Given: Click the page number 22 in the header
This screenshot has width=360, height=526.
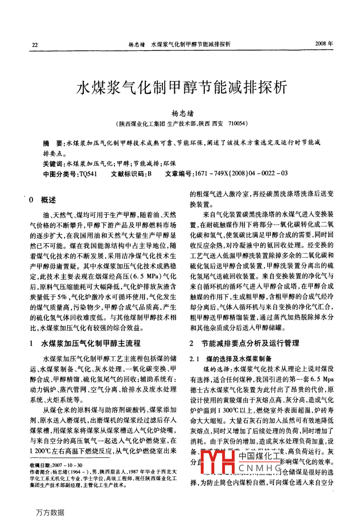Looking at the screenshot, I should [x=35, y=45].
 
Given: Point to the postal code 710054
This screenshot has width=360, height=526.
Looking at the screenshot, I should [x=238, y=124].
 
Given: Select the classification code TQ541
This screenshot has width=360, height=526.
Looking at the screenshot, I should [x=88, y=174].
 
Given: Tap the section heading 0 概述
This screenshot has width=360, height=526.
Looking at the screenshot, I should [x=43, y=200].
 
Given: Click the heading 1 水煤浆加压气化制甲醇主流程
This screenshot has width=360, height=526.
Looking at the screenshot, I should [x=85, y=343].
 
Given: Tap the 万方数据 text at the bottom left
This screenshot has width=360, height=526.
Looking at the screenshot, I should [x=50, y=512].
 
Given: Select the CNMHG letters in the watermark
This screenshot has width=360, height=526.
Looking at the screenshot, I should [x=261, y=467].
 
